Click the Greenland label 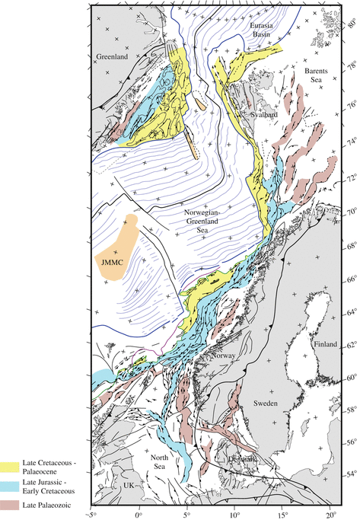[113, 56]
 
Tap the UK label [127, 484]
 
